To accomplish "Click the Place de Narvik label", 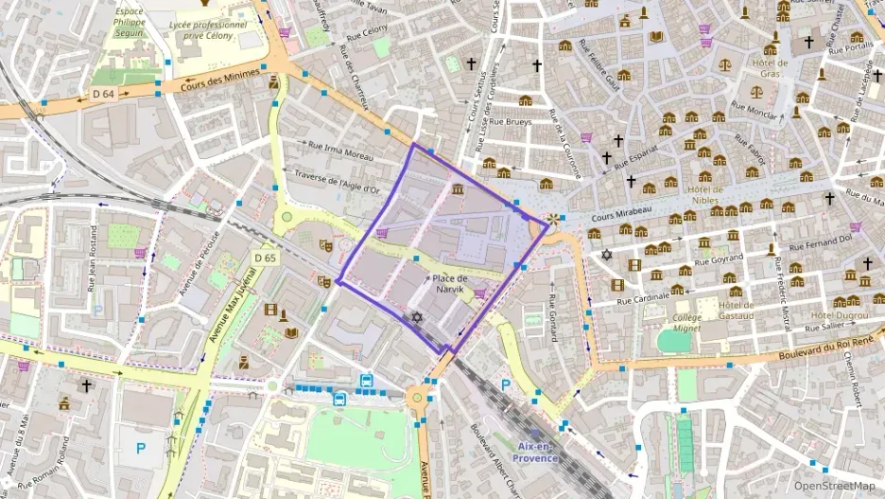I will pyautogui.click(x=449, y=283).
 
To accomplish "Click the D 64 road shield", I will pyautogui.click(x=103, y=93).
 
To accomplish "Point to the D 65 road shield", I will pyautogui.click(x=265, y=258).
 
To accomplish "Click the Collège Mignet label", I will pyautogui.click(x=687, y=323).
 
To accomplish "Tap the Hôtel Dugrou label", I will pyautogui.click(x=839, y=314).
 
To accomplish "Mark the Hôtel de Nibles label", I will pyautogui.click(x=706, y=194).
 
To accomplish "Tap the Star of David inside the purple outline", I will pyautogui.click(x=417, y=316).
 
